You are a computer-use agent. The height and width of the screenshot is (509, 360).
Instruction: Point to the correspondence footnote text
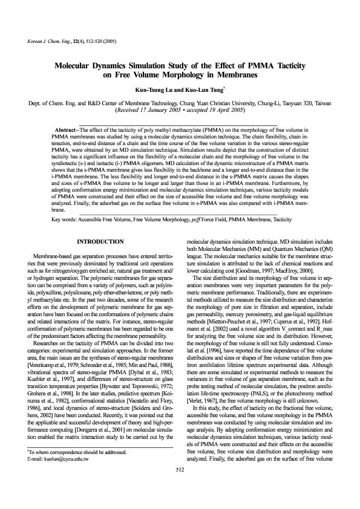pos(73,470)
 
